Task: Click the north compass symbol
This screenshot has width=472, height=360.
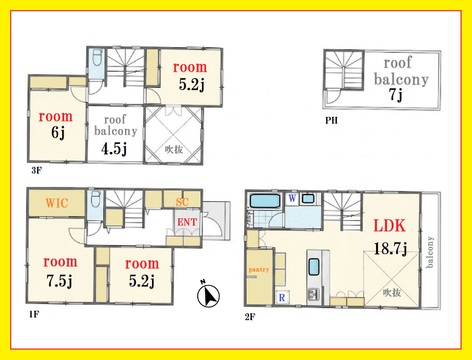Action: coord(208,294)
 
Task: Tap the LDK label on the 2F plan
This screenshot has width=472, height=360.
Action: coord(389,226)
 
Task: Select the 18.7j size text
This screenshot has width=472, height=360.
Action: coord(390,248)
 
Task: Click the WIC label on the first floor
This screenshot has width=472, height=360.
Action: coord(57,203)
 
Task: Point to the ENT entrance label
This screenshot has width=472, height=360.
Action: coord(187,222)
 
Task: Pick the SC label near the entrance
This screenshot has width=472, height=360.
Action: coord(182,202)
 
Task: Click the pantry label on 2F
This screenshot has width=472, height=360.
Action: coord(259,270)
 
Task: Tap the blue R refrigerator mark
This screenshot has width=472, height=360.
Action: coord(282,297)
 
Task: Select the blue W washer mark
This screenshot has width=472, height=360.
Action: coord(292,198)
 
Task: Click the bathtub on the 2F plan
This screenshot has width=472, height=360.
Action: coord(265,201)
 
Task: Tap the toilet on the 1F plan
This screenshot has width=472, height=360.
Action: coord(96,199)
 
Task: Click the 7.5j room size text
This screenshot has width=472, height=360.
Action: coord(59,281)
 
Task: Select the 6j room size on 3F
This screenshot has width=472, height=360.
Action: coord(58,133)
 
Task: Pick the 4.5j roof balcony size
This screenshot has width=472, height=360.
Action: coord(114,148)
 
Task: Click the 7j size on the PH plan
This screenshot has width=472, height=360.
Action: coord(396,94)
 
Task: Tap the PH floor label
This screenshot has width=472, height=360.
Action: coord(331,120)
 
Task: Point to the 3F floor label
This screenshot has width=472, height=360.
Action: coord(36,171)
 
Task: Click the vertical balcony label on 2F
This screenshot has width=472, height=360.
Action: coord(430,252)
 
